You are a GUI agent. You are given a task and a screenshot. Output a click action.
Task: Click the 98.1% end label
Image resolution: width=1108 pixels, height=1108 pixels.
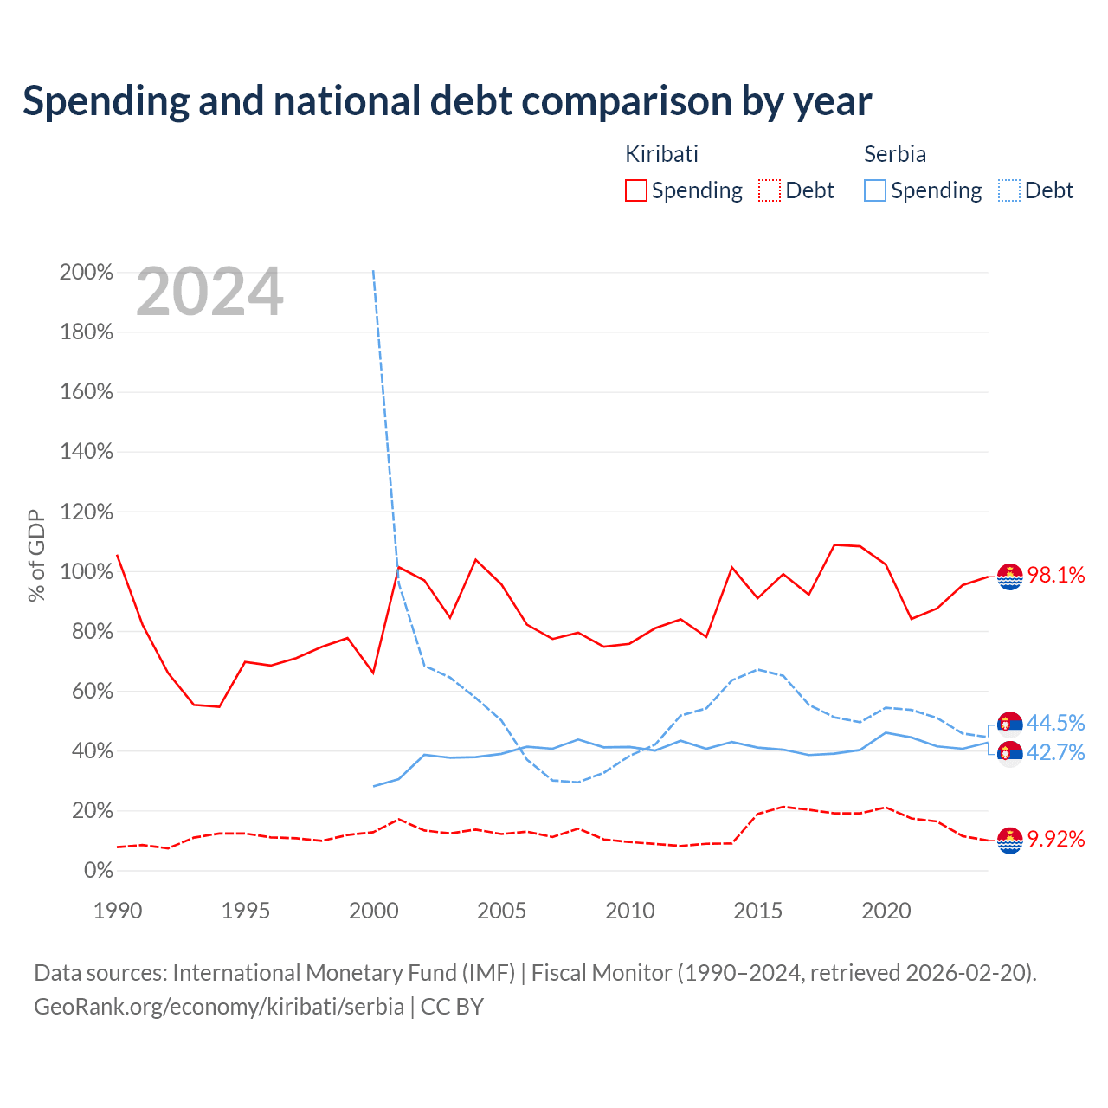click(1056, 575)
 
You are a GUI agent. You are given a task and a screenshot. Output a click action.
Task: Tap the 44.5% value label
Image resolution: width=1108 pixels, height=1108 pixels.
click(1056, 723)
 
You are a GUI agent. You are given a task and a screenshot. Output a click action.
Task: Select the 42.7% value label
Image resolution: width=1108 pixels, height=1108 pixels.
click(1056, 752)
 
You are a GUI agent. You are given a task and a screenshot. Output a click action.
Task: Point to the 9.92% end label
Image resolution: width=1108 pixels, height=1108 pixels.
click(1056, 839)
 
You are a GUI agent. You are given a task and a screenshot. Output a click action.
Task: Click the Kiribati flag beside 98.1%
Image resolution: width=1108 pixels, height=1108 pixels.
click(1009, 577)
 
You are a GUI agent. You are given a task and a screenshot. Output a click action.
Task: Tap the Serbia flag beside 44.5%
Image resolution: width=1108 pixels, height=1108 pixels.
click(1009, 725)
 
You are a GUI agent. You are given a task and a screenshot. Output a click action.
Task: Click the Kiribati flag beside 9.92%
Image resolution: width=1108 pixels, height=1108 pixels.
click(1009, 841)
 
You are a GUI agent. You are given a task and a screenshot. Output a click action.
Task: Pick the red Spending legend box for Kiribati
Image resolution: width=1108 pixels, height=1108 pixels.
click(636, 190)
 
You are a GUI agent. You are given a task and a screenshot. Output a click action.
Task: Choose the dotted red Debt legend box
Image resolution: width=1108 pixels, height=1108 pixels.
click(770, 190)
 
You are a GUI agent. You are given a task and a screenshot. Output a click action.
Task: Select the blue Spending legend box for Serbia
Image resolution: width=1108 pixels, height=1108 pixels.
click(874, 190)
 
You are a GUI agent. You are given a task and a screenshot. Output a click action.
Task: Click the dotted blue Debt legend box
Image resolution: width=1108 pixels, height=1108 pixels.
click(1009, 190)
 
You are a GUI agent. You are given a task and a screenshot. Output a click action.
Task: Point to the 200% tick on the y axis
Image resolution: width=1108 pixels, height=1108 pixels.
click(87, 272)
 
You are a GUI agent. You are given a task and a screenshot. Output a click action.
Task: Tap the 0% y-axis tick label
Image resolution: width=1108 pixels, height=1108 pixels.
click(99, 871)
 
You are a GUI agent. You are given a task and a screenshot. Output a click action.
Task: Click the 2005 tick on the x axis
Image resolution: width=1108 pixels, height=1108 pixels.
click(501, 911)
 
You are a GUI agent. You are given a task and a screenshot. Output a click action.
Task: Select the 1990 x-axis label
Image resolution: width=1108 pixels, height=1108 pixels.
click(118, 911)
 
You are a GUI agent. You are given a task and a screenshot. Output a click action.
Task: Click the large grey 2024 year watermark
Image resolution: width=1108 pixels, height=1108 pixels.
click(209, 292)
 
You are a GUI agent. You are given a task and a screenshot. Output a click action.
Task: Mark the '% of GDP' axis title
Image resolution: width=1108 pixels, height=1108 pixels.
click(36, 556)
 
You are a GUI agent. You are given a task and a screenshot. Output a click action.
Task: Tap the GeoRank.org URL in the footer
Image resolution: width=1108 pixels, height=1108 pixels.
click(219, 1007)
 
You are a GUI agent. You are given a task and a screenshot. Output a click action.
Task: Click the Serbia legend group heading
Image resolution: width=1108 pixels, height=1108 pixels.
click(895, 154)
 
